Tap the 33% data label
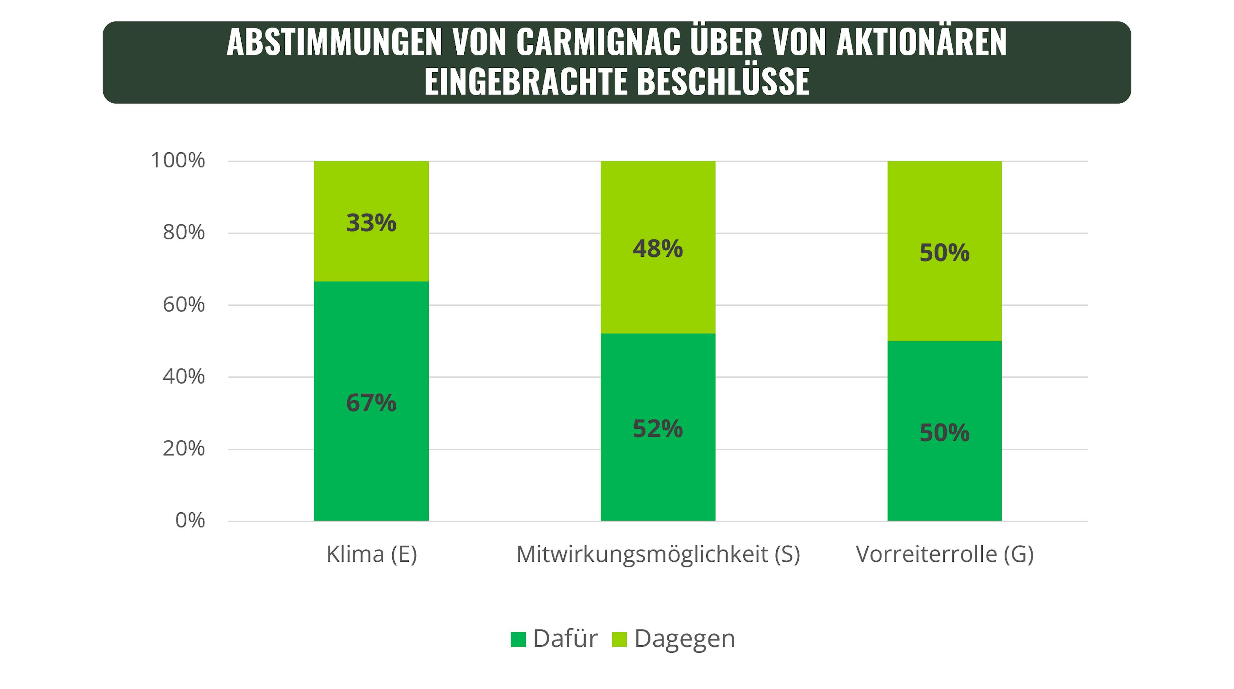point(371,223)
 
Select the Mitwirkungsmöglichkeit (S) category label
point(658,554)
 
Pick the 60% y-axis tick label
point(183,305)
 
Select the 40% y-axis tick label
point(183,377)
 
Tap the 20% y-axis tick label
point(183,449)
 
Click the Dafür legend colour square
point(518,639)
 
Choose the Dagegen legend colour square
point(619,639)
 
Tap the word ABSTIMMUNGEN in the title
point(334,42)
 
